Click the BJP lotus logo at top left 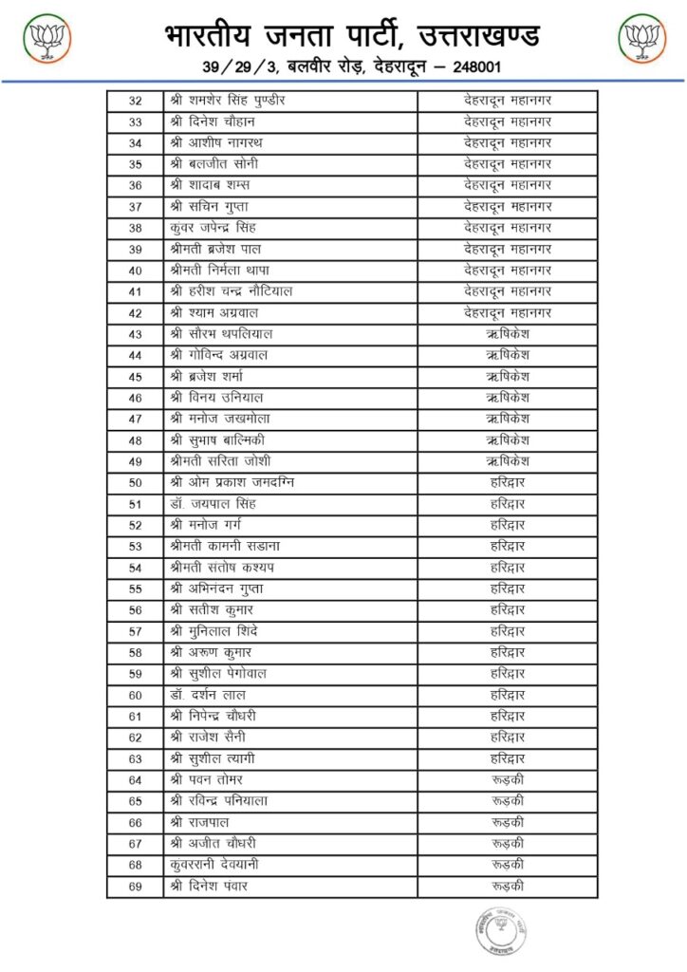[x=46, y=41]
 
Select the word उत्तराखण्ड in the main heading [x=484, y=35]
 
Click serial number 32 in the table [x=135, y=101]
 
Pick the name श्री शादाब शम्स [x=210, y=185]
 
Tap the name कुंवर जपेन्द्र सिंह [x=213, y=228]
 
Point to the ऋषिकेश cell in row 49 [x=508, y=460]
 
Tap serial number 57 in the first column [x=135, y=631]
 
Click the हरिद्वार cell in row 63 [x=508, y=758]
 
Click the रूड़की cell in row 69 [x=508, y=886]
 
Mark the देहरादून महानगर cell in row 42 [x=508, y=312]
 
